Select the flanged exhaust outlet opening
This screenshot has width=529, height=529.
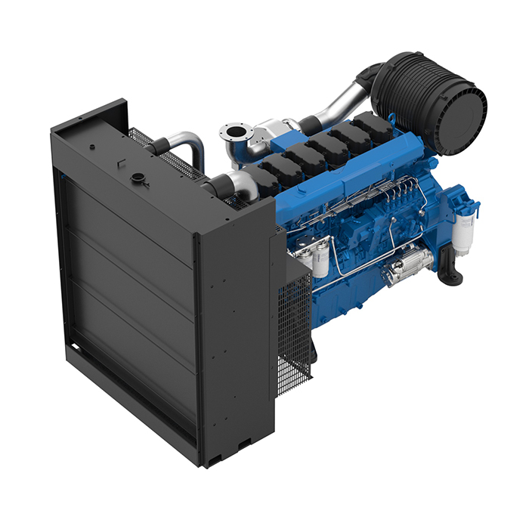point(234,137)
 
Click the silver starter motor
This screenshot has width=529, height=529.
point(408,265)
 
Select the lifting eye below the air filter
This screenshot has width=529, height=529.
point(392,120)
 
